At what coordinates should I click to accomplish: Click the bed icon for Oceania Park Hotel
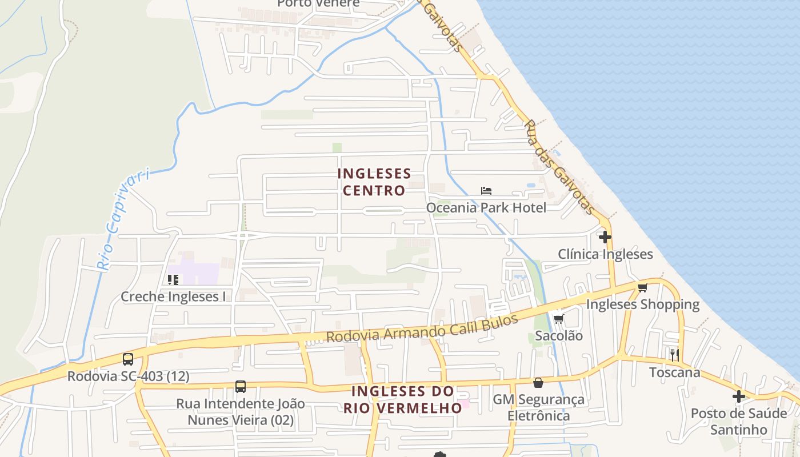(486, 191)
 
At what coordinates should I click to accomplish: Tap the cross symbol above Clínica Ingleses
(605, 236)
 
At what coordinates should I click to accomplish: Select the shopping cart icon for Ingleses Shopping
(643, 287)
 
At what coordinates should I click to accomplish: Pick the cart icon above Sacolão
(558, 319)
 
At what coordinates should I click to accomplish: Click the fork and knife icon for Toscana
(675, 355)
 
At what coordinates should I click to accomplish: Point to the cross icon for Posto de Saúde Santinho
(739, 396)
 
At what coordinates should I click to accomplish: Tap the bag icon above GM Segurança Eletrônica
(538, 383)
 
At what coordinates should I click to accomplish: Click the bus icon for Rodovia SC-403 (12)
(128, 359)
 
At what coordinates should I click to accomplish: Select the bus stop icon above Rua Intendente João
(241, 387)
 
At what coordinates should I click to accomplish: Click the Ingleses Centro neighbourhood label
(374, 182)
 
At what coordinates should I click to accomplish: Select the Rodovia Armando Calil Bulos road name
(422, 328)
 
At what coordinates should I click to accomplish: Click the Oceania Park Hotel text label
(486, 207)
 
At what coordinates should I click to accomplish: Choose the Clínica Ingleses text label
(605, 254)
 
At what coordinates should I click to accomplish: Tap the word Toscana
(674, 372)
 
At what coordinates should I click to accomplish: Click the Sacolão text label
(558, 336)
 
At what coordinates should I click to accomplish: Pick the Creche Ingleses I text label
(173, 296)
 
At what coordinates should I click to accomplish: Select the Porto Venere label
(318, 3)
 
